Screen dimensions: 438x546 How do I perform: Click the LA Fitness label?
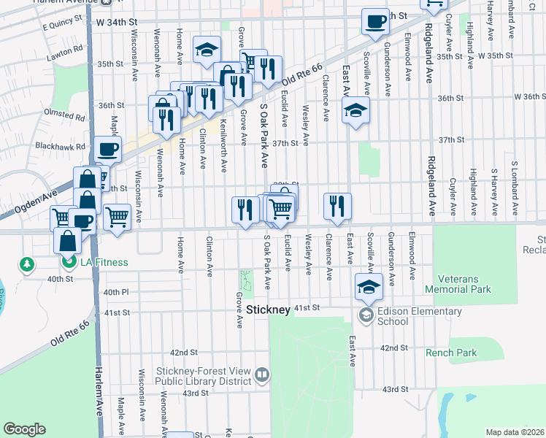coord(104,263)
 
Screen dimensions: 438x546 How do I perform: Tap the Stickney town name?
coord(268,310)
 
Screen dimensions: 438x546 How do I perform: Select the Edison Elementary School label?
coord(420,316)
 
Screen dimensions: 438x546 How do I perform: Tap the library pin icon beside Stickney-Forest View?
coord(263,375)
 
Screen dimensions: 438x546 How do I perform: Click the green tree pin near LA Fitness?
coord(27,264)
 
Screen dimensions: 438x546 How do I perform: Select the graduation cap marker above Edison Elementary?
coord(369,287)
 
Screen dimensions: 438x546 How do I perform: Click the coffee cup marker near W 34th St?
coord(376,21)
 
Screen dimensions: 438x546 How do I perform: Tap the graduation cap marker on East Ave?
coord(356,110)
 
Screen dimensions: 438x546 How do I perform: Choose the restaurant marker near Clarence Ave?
coord(337,206)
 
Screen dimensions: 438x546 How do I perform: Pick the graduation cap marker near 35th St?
coord(207,50)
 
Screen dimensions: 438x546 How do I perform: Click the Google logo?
coord(24,429)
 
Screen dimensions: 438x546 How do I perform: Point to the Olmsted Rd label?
coord(64,115)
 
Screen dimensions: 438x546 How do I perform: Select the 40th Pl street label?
coord(116,292)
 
